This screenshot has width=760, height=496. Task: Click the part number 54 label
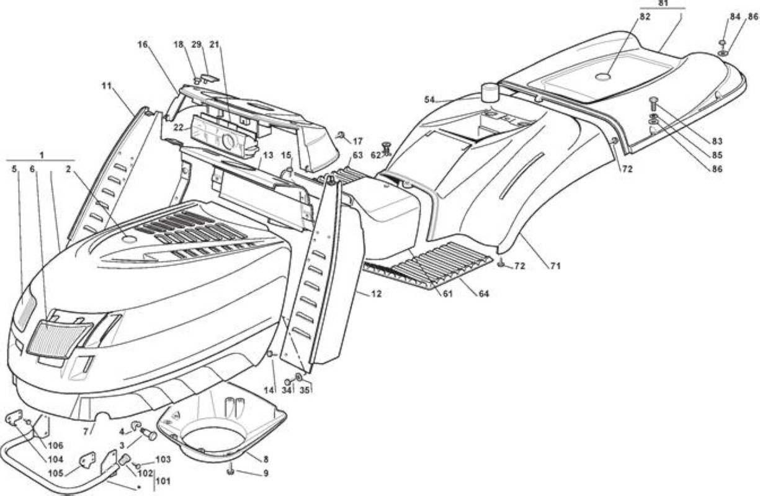click(429, 100)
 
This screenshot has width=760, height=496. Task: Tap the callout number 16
click(143, 45)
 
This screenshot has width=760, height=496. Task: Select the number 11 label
click(107, 86)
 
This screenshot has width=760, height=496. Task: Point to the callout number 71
click(555, 267)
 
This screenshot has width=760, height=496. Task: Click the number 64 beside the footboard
click(483, 294)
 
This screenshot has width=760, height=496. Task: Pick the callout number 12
click(376, 294)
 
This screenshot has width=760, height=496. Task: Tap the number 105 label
click(56, 473)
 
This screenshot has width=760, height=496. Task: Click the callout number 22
click(179, 128)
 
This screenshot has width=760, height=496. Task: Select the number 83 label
click(717, 141)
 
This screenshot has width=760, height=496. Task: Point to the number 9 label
click(266, 473)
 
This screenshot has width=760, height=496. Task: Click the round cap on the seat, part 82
click(602, 77)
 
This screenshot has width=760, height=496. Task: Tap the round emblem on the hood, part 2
click(129, 239)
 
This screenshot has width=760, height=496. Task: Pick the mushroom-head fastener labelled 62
click(386, 149)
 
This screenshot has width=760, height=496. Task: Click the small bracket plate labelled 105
click(87, 461)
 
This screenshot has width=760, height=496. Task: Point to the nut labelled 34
click(288, 382)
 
